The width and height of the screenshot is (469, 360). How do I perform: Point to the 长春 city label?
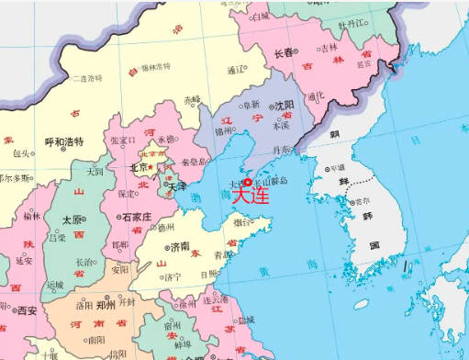click(285, 52)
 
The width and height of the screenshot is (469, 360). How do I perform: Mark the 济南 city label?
click(180, 246)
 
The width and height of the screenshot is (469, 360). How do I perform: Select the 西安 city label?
click(28, 310)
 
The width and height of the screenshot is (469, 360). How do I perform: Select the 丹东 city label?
click(285, 149)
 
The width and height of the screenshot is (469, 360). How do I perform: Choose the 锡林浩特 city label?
click(157, 67)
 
